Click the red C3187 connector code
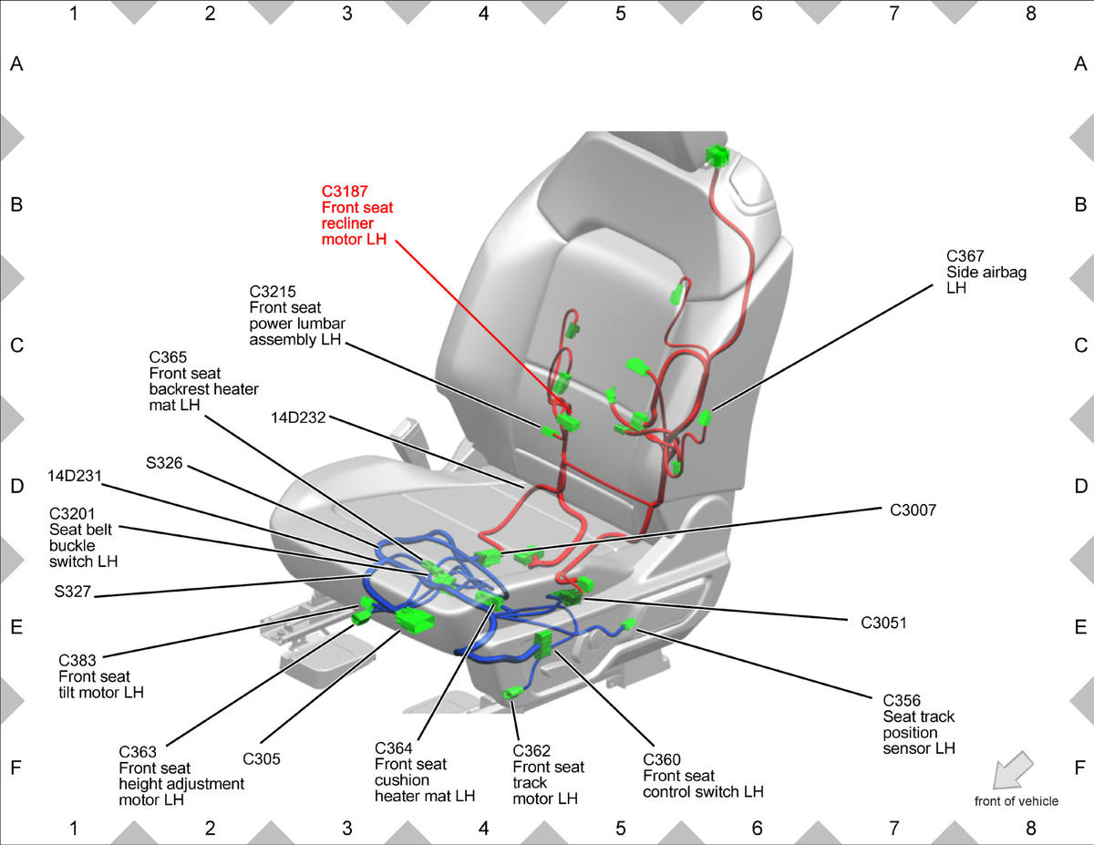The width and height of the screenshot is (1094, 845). point(345,191)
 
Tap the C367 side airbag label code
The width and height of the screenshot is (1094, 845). point(965,256)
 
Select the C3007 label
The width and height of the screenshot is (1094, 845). point(913,510)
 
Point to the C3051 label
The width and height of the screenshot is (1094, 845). point(883,623)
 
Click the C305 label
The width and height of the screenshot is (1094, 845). point(262,759)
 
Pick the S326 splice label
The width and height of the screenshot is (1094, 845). point(164,463)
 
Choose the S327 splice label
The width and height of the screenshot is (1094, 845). point(73,592)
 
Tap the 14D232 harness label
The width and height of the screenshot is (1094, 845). point(298,417)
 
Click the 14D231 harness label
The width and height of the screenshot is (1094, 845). point(75,476)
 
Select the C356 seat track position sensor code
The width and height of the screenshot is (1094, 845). point(901,701)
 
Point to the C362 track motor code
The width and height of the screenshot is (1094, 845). point(532,751)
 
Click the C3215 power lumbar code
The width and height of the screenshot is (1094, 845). point(273,292)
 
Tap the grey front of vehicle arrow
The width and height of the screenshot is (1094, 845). point(1013,770)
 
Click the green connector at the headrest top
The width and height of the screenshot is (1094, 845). point(717,155)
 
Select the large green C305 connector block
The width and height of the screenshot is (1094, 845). point(414,620)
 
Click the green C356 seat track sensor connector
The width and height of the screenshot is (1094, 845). point(629,624)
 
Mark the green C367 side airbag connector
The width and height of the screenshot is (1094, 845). point(705,417)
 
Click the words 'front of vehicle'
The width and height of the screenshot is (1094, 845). point(1016,801)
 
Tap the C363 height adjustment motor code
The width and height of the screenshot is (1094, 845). point(138,752)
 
